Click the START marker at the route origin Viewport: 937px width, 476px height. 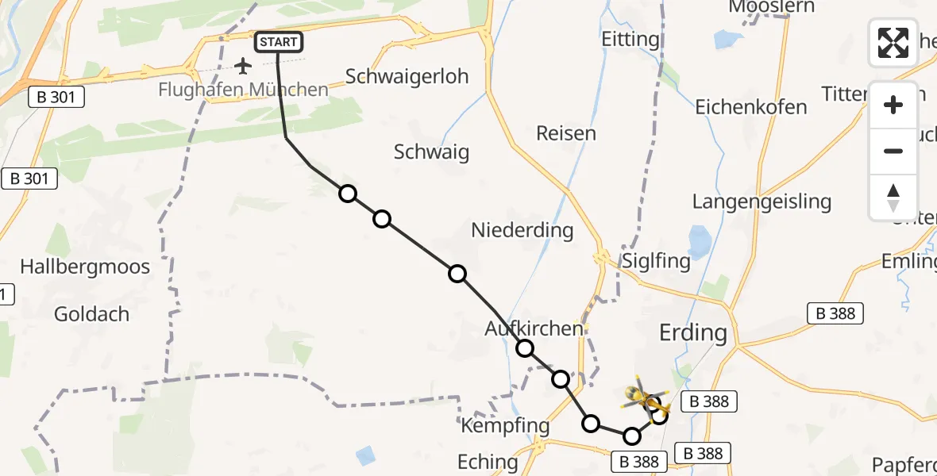coord(278,42)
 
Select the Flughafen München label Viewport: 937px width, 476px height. coord(243,90)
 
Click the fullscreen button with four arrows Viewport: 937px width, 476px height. coord(893,42)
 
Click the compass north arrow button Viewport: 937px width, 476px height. coord(893,198)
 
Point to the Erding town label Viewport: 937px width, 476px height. coord(693,332)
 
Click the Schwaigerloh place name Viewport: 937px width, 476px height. coord(407,76)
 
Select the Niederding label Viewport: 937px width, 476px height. coord(522,230)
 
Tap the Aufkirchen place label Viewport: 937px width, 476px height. coord(534,328)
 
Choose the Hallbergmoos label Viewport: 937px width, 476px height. coord(85,267)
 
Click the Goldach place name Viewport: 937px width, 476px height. coord(91,314)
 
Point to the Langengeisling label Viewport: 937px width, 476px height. coord(762,202)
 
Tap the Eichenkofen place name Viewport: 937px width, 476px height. coord(751,107)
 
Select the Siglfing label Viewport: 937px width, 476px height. coord(657,262)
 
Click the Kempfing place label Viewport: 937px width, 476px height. coord(505,426)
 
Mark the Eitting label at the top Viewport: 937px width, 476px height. coord(630,39)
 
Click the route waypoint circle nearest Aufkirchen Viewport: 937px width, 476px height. coord(525,348)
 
